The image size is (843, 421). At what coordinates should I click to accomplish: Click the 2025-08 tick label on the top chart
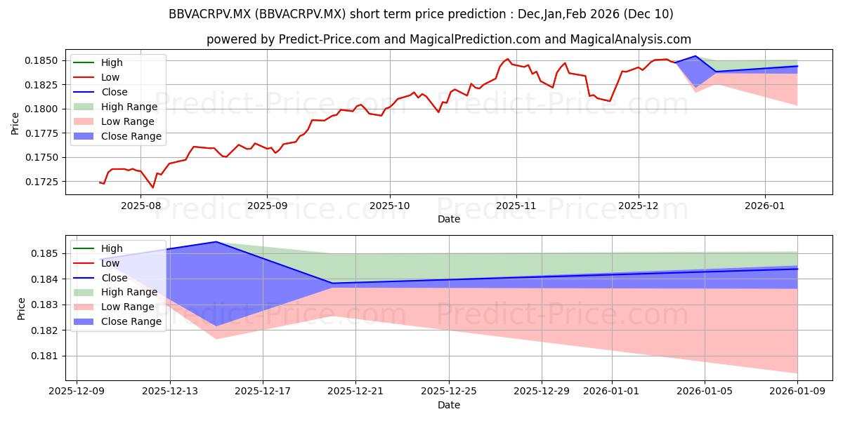pos(140,206)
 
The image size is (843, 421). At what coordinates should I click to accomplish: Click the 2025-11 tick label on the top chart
pos(516,206)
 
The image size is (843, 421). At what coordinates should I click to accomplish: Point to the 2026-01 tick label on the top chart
pos(765,206)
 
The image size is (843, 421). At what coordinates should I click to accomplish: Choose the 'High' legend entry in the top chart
pos(112,62)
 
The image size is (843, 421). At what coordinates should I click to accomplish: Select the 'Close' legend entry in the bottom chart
pos(115,278)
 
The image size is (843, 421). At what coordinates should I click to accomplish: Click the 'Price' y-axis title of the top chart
pos(15,123)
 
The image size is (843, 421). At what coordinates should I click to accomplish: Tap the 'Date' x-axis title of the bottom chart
pos(449,405)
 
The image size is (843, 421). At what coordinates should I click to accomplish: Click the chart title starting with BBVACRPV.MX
pos(421,14)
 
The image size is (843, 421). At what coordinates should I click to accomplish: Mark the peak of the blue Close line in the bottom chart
pos(216,242)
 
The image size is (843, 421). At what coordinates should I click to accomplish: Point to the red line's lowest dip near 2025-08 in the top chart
pos(153,187)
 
